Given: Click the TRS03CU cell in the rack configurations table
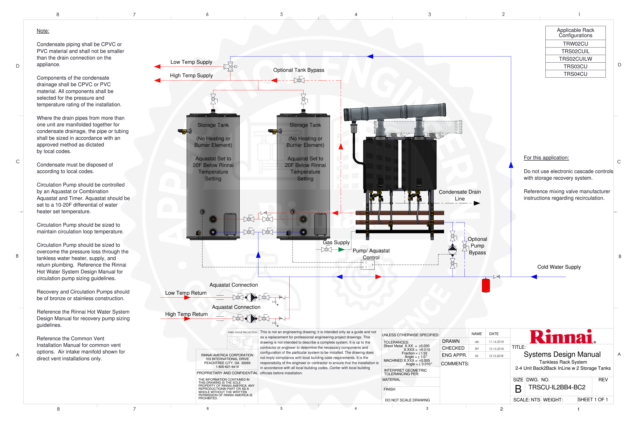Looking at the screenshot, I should pos(575,66).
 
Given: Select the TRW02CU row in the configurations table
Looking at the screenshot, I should pos(575,44).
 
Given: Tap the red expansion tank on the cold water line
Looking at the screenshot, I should pos(486,285).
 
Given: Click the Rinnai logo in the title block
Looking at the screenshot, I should pos(562,337).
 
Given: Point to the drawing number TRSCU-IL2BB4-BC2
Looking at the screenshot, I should pos(557,387).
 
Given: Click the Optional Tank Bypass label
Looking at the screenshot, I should pos(298,70).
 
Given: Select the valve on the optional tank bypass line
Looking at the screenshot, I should pos(299,80).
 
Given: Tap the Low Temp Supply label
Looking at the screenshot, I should pos(191,62).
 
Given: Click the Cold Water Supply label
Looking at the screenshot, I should pos(559,267).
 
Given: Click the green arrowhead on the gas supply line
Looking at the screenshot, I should pos(341,250).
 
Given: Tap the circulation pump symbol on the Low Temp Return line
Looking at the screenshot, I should pos(251,297).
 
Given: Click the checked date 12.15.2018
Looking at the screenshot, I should pos(496,349).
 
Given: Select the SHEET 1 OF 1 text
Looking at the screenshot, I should pos(593,399).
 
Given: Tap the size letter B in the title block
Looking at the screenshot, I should pos(518,389).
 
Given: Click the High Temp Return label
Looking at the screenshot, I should pos(186,314).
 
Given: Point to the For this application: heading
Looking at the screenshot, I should pos(546,158).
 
